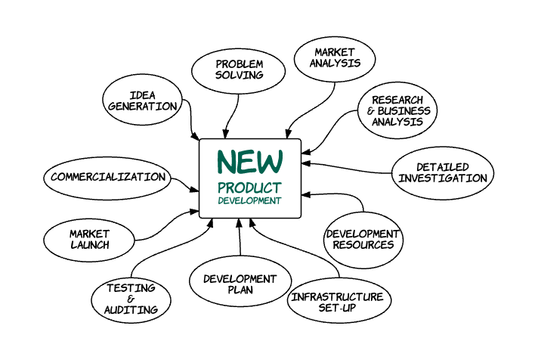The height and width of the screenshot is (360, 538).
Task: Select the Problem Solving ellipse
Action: (238, 70)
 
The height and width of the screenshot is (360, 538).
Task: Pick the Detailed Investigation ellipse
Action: (443, 172)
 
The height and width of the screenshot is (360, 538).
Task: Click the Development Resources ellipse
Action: (363, 239)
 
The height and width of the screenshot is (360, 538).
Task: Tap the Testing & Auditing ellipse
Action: (131, 299)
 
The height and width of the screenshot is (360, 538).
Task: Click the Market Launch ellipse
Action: (89, 239)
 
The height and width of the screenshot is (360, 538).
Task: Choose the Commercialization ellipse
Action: (107, 177)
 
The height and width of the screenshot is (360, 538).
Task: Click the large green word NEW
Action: (250, 161)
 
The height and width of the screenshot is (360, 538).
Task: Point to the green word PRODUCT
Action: (250, 188)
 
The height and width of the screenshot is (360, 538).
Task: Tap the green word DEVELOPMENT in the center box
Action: (250, 201)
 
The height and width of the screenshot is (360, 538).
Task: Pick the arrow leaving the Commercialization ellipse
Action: (184, 184)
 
